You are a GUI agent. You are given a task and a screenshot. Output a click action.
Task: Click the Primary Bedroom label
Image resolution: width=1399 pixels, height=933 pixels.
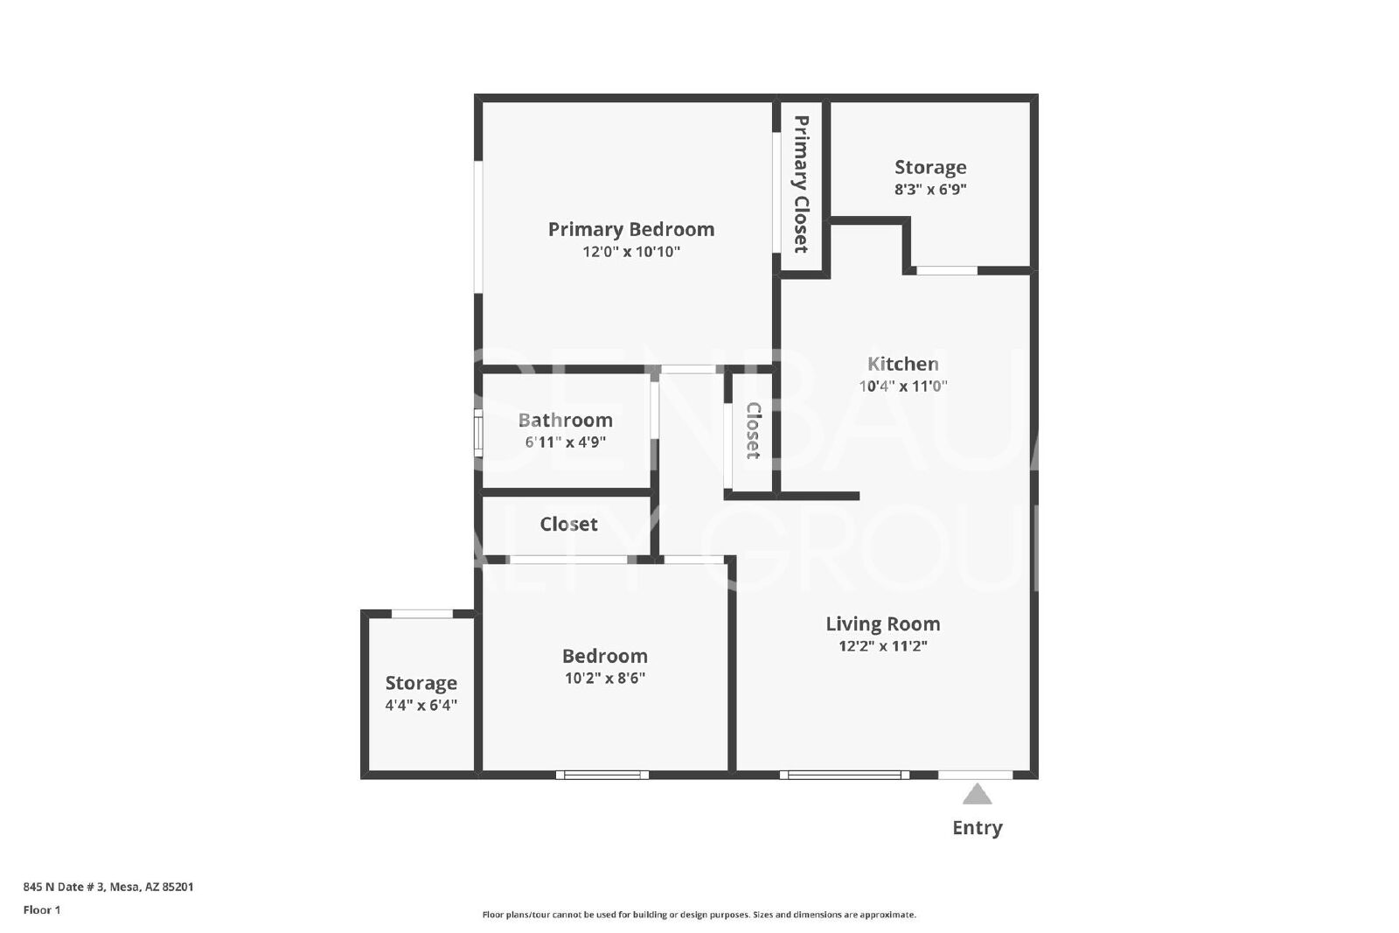(630, 229)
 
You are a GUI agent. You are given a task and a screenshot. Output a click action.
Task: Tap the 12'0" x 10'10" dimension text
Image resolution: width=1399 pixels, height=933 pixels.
(630, 252)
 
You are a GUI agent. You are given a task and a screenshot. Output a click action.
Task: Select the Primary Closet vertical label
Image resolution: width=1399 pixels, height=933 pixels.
(801, 185)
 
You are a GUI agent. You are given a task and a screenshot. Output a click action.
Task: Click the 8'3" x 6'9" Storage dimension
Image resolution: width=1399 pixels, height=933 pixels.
(930, 189)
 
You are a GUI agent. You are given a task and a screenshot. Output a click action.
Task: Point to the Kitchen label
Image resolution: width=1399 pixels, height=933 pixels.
(902, 364)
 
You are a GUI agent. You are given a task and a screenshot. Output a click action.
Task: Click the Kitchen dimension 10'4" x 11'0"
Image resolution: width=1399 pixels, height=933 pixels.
(902, 386)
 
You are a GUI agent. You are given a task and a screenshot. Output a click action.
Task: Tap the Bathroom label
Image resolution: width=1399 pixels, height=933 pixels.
(565, 420)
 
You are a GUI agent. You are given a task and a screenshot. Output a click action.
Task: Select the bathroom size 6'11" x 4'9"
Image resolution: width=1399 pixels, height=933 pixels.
(565, 442)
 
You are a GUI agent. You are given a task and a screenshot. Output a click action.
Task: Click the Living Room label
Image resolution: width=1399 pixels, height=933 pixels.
(882, 623)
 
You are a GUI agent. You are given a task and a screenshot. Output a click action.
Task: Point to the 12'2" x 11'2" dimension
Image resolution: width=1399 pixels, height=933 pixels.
(882, 645)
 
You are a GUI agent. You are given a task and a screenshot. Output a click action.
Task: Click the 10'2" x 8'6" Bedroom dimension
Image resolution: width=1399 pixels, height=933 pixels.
(604, 679)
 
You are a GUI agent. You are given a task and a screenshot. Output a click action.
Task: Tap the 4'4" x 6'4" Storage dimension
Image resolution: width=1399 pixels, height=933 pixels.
(421, 705)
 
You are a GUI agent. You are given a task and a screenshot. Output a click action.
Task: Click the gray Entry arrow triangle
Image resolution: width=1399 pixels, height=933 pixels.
(977, 794)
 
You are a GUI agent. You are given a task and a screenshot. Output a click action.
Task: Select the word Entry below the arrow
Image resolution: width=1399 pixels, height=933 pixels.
(977, 828)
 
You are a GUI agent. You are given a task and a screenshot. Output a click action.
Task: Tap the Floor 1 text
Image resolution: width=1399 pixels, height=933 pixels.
(42, 910)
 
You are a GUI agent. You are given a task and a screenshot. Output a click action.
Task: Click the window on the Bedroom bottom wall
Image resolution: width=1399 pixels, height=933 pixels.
(602, 775)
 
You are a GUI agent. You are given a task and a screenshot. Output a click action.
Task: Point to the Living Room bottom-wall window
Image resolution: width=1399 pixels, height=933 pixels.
(844, 775)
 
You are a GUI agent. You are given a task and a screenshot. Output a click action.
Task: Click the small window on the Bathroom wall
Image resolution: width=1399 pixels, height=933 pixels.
(477, 433)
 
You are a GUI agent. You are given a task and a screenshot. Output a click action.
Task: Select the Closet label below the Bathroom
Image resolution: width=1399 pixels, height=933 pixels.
(568, 524)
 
